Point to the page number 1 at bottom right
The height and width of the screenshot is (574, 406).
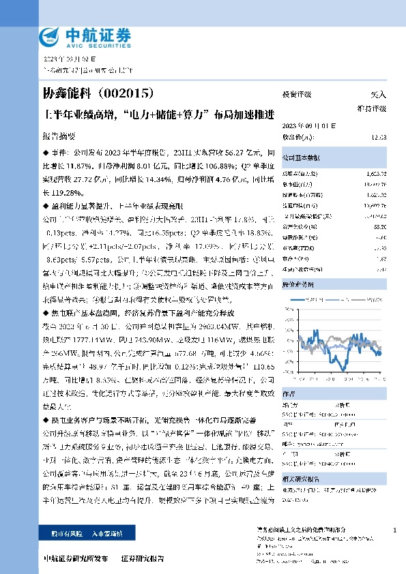[395, 530]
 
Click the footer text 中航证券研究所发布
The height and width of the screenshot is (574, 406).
[75, 558]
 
